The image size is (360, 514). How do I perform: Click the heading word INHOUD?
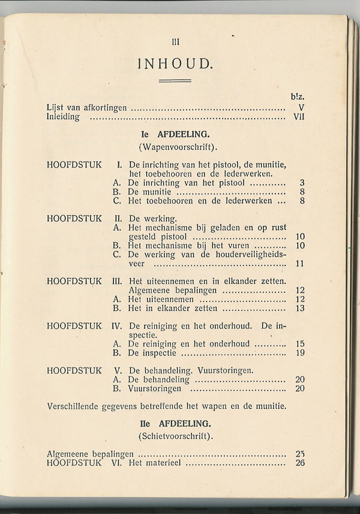(x=175, y=63)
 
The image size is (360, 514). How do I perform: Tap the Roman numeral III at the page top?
(x=175, y=41)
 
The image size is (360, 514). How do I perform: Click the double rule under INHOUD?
(x=175, y=80)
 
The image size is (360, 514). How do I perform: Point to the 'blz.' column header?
(x=297, y=96)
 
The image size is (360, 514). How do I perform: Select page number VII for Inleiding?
(x=299, y=117)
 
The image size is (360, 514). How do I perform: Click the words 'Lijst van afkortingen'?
(x=86, y=108)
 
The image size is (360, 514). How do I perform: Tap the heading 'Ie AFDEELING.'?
(x=175, y=135)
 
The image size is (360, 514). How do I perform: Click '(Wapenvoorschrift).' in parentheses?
(x=175, y=147)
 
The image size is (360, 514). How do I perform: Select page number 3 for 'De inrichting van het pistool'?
(x=302, y=183)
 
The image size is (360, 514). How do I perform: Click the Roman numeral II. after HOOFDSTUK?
(x=118, y=219)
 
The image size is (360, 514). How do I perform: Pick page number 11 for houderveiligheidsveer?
(x=300, y=264)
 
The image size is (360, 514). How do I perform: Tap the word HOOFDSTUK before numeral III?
(x=74, y=281)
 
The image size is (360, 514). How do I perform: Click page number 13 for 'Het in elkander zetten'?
(x=300, y=309)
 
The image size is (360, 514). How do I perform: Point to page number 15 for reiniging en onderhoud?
(x=300, y=344)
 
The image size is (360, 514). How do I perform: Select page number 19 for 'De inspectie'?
(x=300, y=353)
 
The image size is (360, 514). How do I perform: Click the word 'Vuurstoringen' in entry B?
(x=155, y=389)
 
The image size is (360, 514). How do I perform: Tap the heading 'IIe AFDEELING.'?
(x=175, y=423)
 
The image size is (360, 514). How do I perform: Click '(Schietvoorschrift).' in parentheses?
(x=175, y=435)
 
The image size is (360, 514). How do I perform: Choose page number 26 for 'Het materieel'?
(x=300, y=462)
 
